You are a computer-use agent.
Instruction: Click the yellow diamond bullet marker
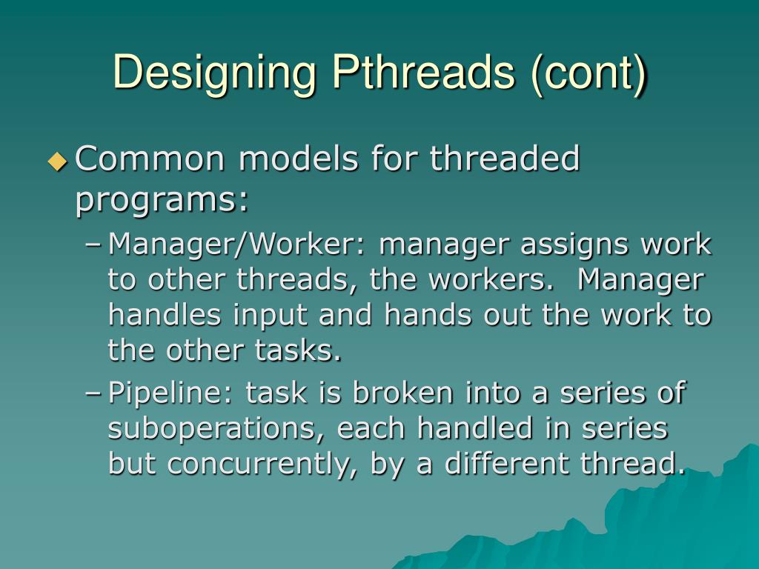coord(57,161)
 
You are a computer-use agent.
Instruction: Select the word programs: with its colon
coord(162,199)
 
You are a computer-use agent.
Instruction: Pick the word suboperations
coord(218,428)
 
